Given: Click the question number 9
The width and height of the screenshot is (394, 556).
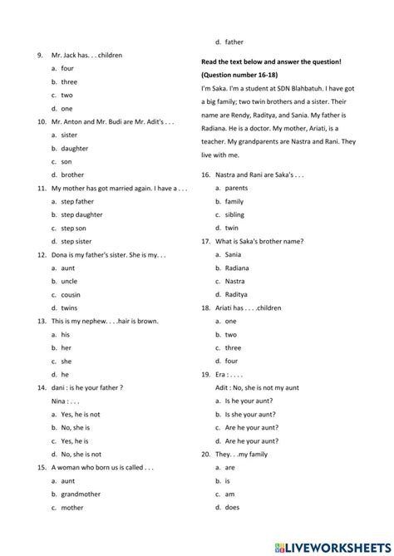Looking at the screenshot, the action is click(39, 56).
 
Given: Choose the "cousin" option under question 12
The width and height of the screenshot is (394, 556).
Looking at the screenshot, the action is click(71, 294).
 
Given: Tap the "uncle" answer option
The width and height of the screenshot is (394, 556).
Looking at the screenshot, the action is click(69, 281).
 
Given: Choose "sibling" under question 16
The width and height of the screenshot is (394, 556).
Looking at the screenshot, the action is click(235, 214).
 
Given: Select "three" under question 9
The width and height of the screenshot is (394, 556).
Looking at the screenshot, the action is click(69, 82).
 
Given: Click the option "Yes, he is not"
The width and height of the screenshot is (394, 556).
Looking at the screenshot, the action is click(81, 414).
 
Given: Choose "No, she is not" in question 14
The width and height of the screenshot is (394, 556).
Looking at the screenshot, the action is click(81, 454).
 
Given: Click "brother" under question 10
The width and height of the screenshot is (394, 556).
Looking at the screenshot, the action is click(72, 175).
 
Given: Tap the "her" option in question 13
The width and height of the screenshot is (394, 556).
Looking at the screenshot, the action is click(66, 347).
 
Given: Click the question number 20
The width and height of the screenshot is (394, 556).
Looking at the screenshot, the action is click(205, 454).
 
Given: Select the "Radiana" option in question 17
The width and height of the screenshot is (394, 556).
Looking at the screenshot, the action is click(238, 268).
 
